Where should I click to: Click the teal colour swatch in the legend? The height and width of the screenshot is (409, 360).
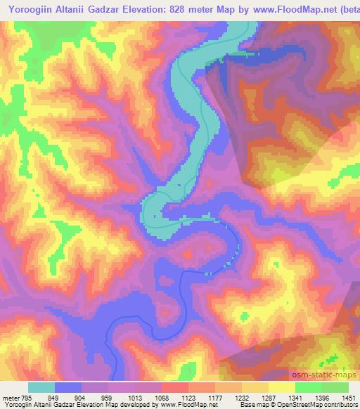tap(41, 387)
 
